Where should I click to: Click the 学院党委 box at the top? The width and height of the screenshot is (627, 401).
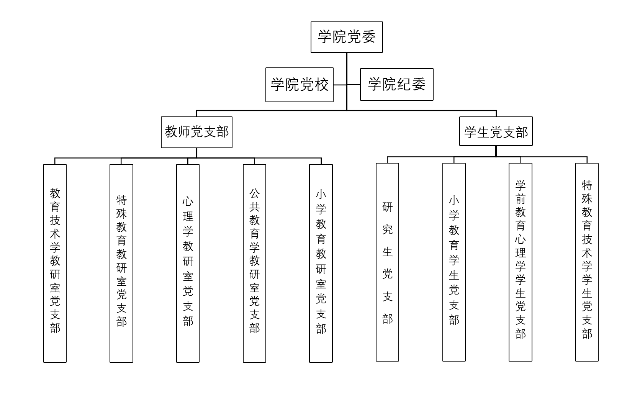tap(347, 37)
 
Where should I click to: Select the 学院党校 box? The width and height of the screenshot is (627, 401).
tap(300, 85)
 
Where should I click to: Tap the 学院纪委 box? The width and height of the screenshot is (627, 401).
tap(396, 85)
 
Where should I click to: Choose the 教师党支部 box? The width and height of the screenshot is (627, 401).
tap(196, 132)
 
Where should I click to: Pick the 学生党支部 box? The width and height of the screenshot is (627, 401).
tap(496, 131)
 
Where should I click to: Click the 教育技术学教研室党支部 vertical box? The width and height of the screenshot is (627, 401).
tap(55, 263)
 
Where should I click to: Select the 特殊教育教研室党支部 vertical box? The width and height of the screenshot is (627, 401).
tap(121, 263)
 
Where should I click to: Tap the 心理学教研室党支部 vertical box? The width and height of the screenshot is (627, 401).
tap(188, 263)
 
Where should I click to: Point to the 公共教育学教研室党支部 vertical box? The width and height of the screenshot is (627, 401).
tap(254, 263)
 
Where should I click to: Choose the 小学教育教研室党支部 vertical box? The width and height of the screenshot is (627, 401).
tap(321, 263)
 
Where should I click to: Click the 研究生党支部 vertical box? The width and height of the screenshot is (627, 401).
tap(387, 262)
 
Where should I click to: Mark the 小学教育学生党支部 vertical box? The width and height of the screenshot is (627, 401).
tap(454, 262)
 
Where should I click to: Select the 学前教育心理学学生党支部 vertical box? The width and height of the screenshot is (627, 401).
tap(520, 262)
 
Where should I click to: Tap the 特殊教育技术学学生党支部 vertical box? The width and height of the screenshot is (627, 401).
tap(587, 262)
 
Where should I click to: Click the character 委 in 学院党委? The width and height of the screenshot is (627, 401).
tap(368, 37)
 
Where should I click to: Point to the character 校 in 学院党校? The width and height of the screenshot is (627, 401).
tap(322, 85)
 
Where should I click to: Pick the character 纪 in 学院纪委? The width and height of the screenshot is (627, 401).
tap(404, 84)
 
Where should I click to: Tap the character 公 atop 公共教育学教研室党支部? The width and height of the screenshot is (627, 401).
tap(254, 193)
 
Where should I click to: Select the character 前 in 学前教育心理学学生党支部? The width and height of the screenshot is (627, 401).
tap(520, 199)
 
